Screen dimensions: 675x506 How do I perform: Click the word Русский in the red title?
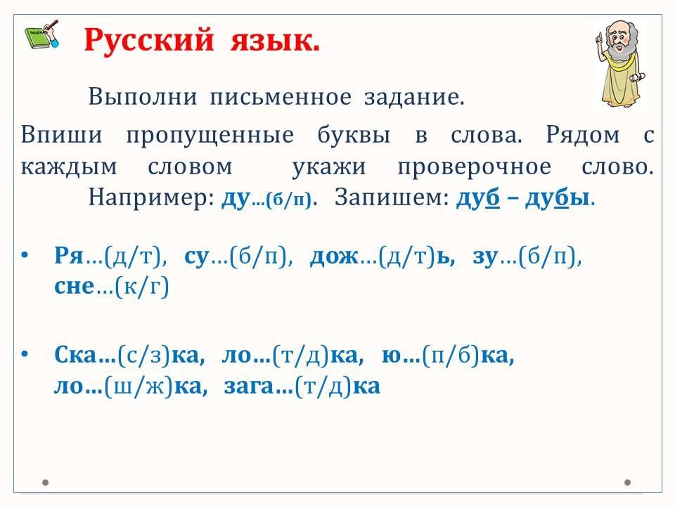149,41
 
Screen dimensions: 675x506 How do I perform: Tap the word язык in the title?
275,41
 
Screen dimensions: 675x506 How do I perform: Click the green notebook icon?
42,34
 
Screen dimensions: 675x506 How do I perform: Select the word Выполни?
143,96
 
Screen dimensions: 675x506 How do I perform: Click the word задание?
414,97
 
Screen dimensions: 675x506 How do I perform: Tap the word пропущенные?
210,136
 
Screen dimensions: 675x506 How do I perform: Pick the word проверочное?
474,168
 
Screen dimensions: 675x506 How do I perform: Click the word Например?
151,197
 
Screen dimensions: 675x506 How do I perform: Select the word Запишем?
392,197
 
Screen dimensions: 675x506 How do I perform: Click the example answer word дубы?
558,198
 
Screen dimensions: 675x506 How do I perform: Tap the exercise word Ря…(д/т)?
110,257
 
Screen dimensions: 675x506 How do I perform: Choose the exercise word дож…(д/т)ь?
382,257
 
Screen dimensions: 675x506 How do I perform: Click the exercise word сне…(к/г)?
112,287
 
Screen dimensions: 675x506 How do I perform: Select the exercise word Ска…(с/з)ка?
129,356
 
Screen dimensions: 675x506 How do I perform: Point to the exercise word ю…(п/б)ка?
448,356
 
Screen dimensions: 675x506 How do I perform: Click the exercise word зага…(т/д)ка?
302,386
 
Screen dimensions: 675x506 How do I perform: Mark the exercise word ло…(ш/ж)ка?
131,386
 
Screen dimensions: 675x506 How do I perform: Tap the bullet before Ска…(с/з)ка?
25,354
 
